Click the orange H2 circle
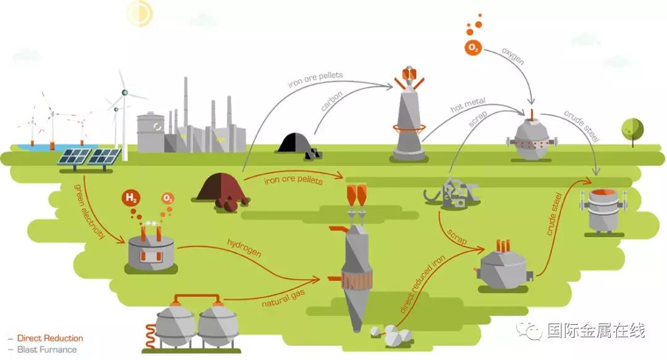(x=131, y=198)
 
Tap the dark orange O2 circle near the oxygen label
(x=474, y=47)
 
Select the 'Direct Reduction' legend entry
(x=50, y=338)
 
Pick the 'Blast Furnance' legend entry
(x=47, y=350)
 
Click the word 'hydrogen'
(x=244, y=248)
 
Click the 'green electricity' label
(x=90, y=211)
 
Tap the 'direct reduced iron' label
(x=422, y=283)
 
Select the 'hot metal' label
(x=468, y=105)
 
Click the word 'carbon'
(x=332, y=101)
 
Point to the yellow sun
(x=140, y=13)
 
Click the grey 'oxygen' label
(x=513, y=56)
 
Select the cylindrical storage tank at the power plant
(x=151, y=132)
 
